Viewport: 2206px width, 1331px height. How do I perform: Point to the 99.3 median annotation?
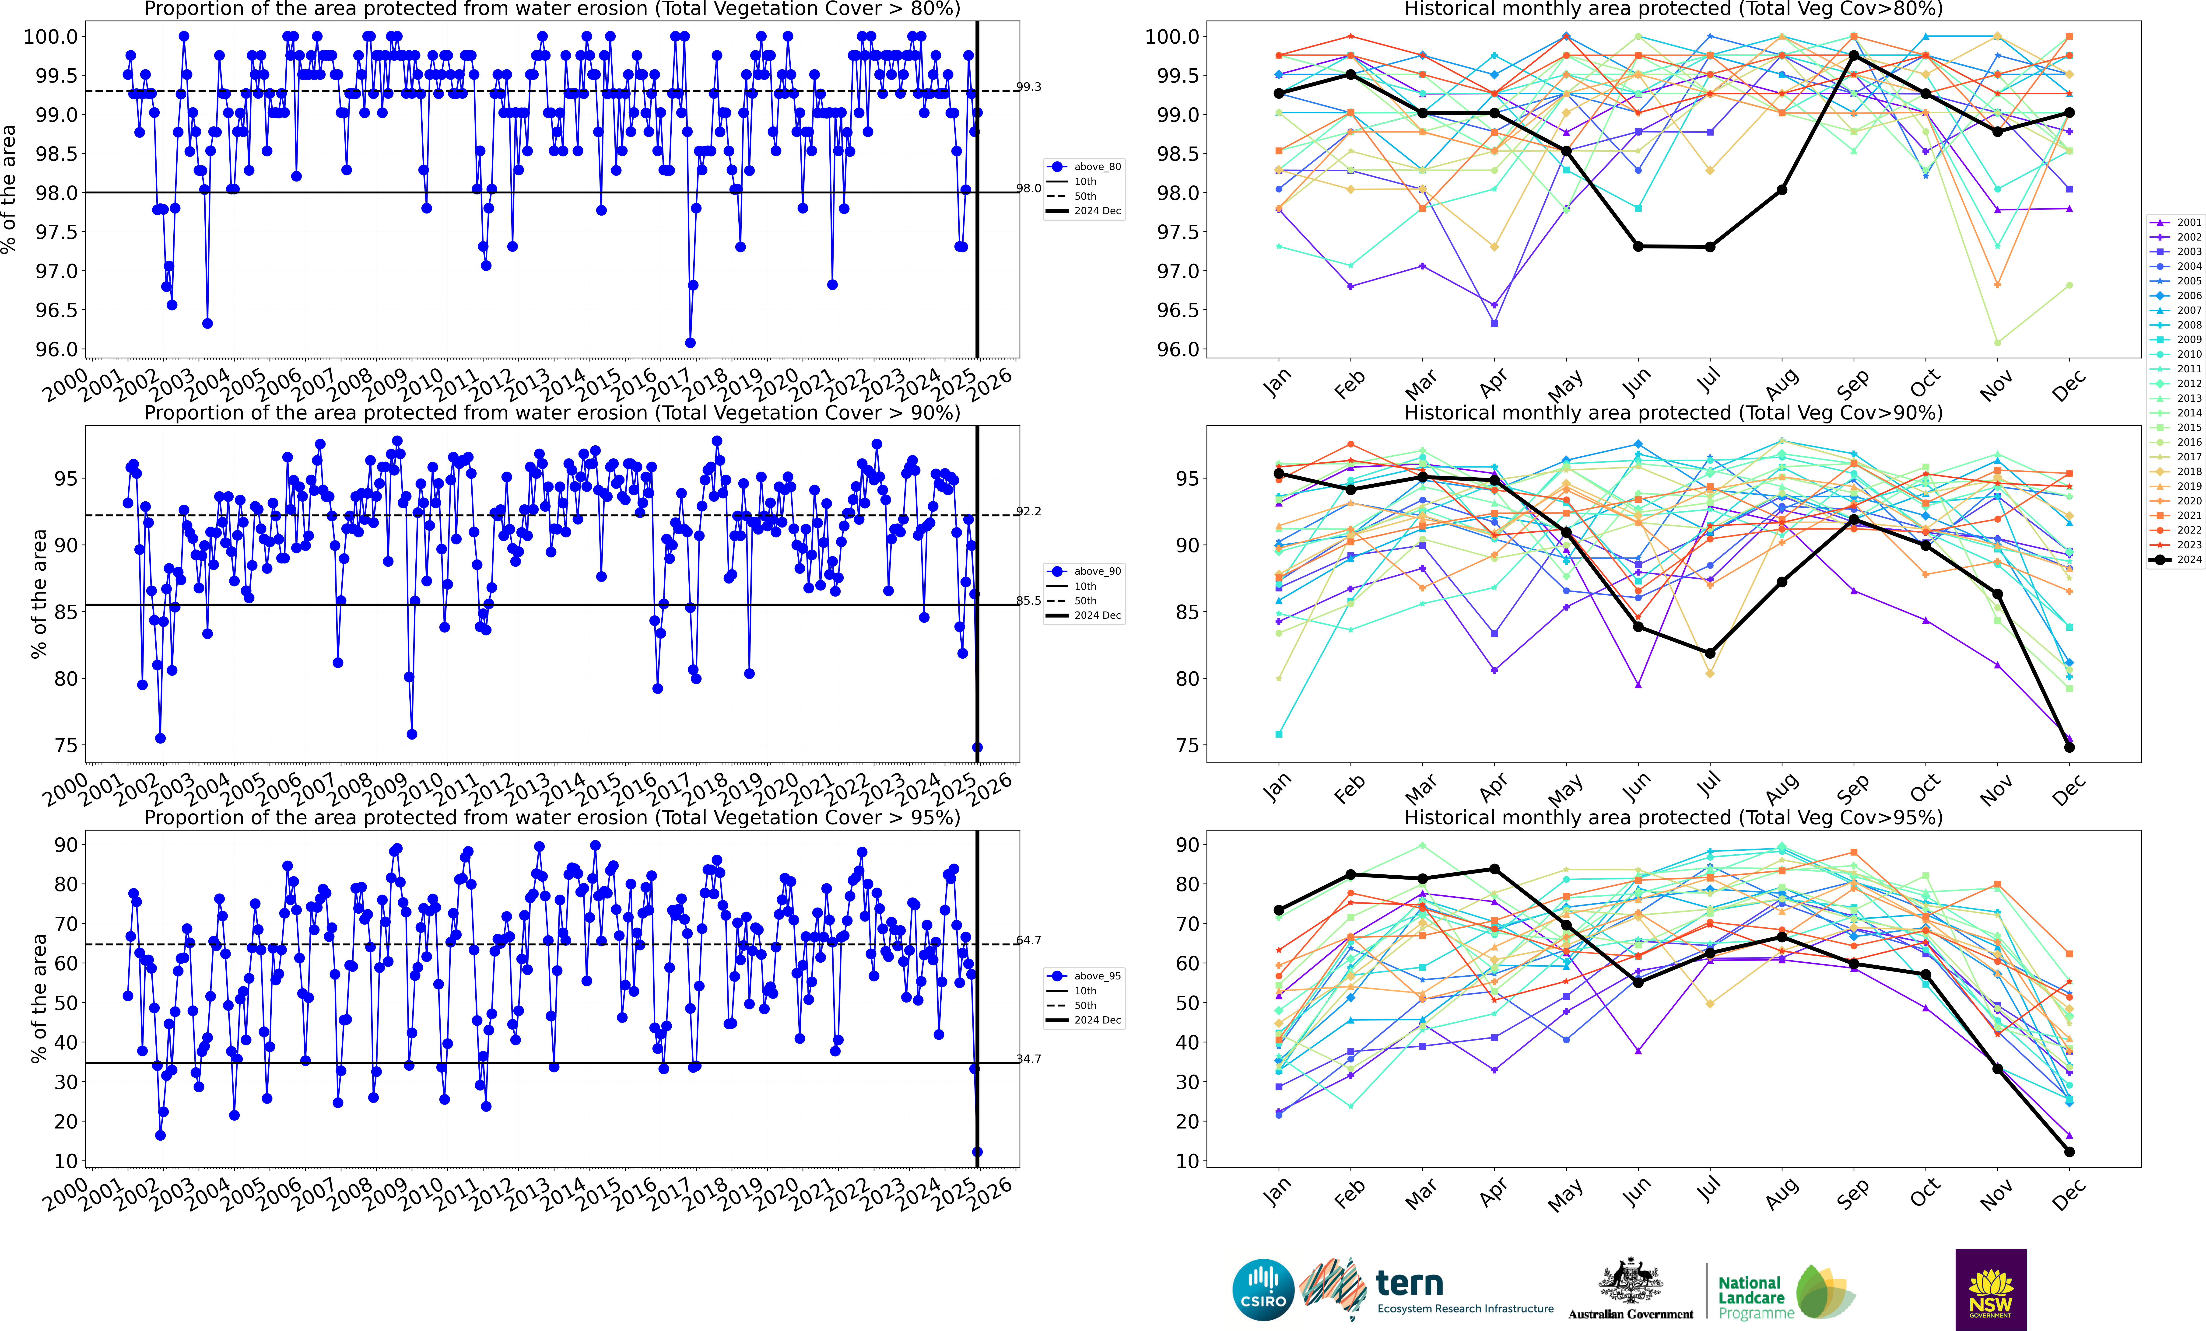1029,87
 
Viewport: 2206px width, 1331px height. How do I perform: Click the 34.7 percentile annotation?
1029,1059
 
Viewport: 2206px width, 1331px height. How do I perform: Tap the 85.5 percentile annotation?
1029,601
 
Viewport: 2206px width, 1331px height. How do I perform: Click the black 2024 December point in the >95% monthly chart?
2069,1152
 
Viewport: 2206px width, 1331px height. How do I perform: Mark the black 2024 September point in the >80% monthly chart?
1853,56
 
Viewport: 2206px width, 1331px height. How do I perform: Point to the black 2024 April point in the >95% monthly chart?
1494,869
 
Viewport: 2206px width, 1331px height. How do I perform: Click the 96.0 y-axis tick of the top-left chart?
56,349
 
